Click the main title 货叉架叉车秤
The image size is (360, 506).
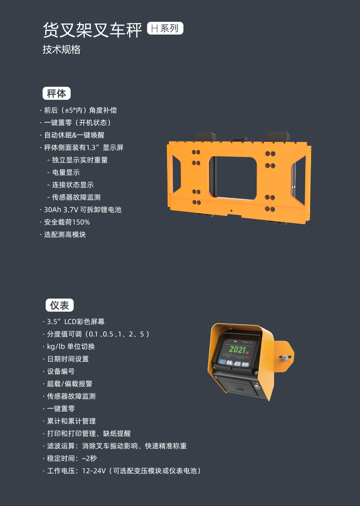[92, 30]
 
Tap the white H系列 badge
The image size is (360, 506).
[165, 28]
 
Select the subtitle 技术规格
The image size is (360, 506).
[61, 49]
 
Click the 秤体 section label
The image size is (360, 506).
[57, 93]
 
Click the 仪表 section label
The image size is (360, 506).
[60, 305]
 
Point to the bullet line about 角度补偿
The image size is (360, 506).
[78, 110]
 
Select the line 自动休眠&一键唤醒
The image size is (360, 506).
[72, 135]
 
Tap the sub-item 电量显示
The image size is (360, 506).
[64, 172]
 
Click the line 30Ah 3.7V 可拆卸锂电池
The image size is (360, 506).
[80, 210]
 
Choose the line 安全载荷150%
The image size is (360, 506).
[65, 222]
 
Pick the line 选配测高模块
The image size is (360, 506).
[63, 235]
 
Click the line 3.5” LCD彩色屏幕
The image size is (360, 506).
[74, 322]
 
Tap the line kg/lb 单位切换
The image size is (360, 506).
[69, 347]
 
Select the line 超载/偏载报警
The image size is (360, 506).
[68, 384]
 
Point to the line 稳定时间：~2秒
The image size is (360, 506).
[70, 458]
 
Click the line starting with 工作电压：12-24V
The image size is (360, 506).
[122, 471]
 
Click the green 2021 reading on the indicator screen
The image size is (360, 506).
[238, 349]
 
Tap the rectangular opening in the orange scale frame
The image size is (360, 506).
[233, 177]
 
